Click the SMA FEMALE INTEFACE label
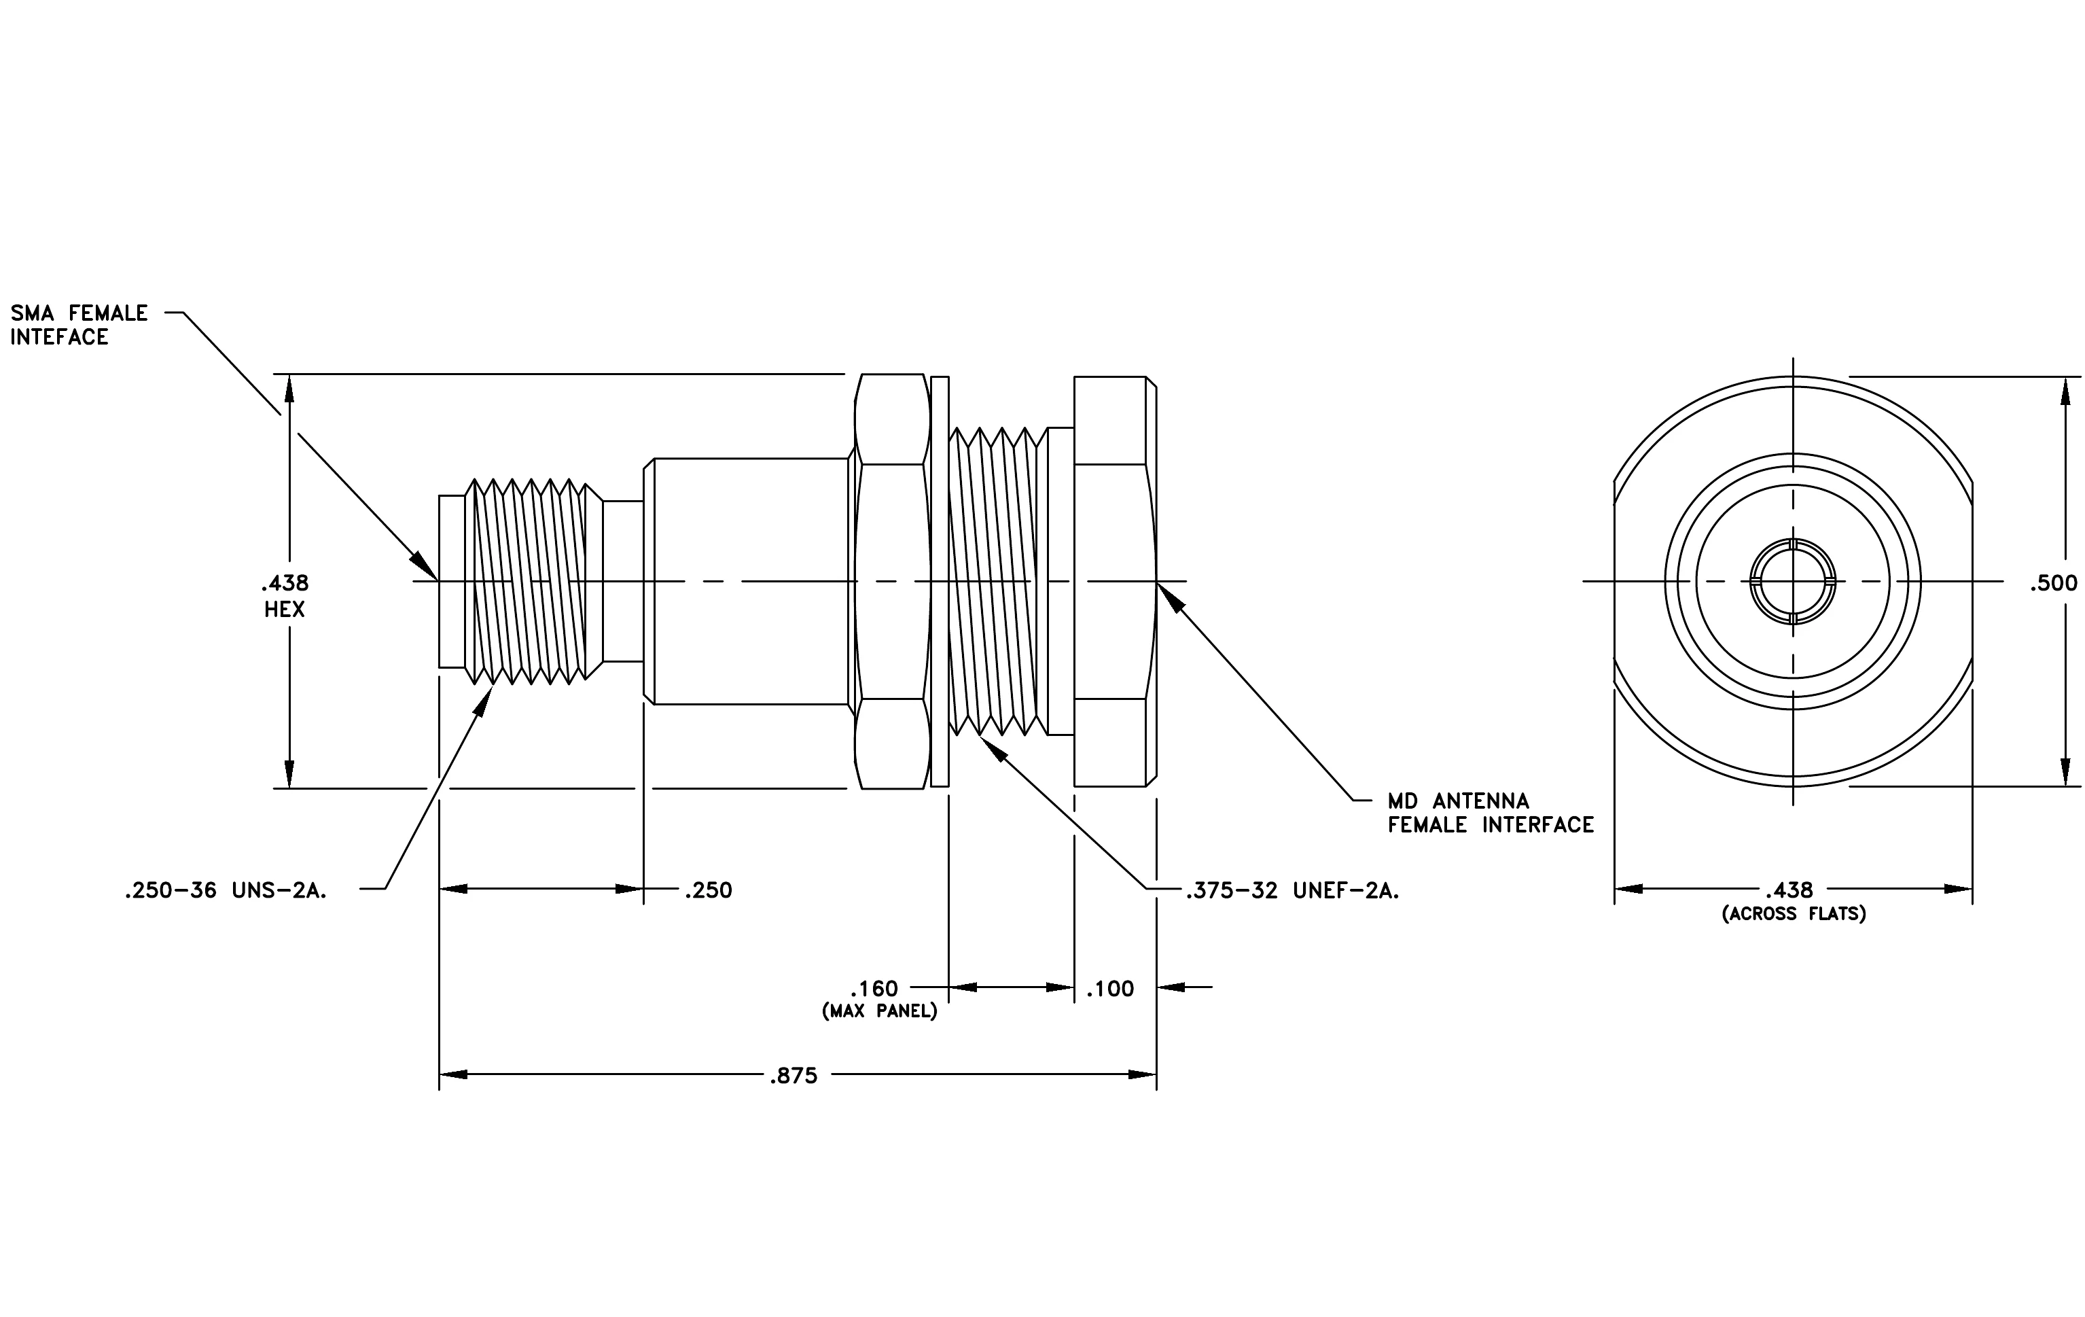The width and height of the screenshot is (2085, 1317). [79, 325]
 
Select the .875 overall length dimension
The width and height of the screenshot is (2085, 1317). [793, 1076]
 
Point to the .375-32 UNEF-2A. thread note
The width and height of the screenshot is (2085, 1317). [1293, 890]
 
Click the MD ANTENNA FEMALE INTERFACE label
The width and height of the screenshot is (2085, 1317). [1490, 812]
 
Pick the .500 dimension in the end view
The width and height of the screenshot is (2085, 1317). [2054, 583]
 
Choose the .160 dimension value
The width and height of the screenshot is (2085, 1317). [874, 988]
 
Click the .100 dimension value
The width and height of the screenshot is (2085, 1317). [1109, 988]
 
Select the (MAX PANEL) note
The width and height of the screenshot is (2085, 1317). [880, 1011]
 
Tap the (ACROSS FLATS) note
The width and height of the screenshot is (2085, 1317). [1793, 913]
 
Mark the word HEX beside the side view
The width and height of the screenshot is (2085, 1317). [284, 609]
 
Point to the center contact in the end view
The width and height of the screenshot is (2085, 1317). [1792, 581]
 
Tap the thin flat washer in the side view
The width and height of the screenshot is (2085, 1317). [940, 581]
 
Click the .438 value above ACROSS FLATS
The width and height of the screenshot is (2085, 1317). [1788, 890]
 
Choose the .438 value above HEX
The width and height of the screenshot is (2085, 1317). [284, 583]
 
